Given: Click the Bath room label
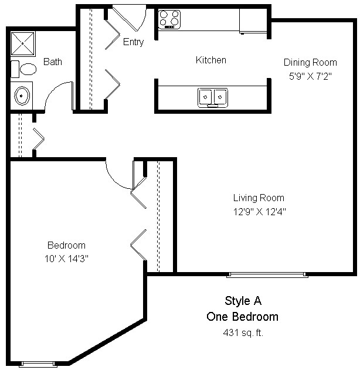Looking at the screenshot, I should click(x=53, y=62).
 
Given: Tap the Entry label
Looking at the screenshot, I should click(x=133, y=42).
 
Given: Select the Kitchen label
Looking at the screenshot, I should click(x=210, y=60).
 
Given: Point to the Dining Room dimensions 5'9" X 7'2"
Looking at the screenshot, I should click(x=310, y=76).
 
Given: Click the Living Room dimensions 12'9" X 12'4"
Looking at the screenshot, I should click(x=259, y=211).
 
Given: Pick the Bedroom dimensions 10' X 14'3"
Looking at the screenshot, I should click(x=66, y=257).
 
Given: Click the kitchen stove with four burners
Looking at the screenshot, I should click(x=169, y=19).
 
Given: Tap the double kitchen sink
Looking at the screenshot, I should click(x=212, y=97).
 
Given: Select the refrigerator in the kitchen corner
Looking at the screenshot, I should click(x=253, y=21).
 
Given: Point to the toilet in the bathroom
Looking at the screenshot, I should click(x=26, y=69).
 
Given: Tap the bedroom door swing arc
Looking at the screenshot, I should click(x=120, y=176).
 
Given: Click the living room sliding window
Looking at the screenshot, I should click(x=267, y=274).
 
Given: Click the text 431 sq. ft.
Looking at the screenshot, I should click(x=242, y=332).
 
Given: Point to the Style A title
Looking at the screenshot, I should click(x=243, y=301).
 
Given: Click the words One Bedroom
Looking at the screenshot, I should click(x=242, y=317).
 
